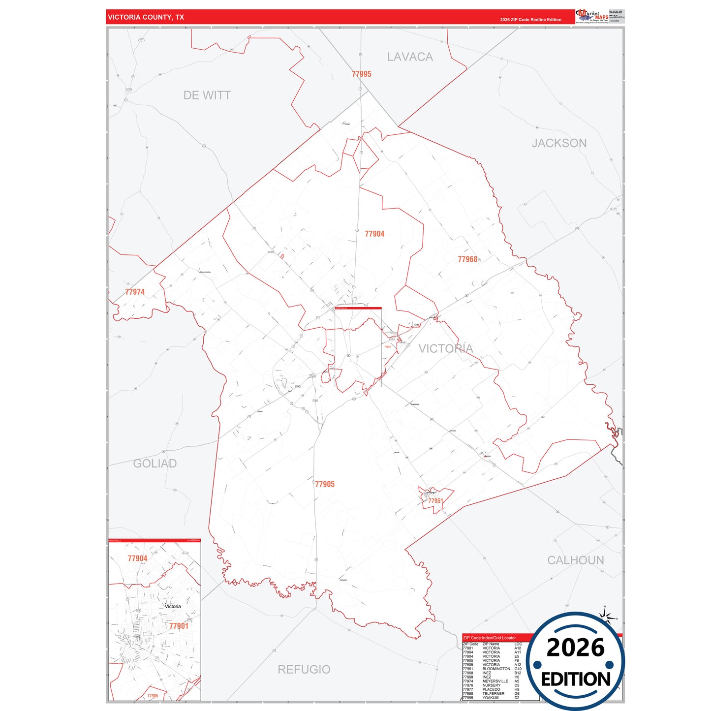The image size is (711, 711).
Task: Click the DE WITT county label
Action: [x=207, y=95]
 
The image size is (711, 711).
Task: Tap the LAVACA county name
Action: [x=410, y=57]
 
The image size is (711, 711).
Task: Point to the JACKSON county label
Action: [x=559, y=143]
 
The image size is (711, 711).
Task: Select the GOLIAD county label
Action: [x=155, y=464]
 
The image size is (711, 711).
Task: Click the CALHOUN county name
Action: [x=575, y=560]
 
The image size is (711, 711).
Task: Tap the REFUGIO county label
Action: [x=304, y=670]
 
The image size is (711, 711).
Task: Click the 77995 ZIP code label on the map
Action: [x=361, y=74]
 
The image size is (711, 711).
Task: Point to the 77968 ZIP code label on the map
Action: [x=467, y=259]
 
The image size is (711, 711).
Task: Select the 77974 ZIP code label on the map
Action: [x=134, y=292]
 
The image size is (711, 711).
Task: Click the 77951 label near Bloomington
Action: [x=435, y=501]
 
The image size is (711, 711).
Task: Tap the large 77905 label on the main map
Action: [x=325, y=484]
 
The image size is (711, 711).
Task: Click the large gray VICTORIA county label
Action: [x=445, y=349]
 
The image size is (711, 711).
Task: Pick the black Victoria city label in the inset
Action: [x=173, y=606]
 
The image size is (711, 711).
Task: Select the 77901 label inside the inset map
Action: [x=179, y=626]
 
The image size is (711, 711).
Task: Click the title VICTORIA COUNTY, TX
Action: [x=146, y=17]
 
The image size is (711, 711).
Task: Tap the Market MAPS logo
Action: [x=592, y=16]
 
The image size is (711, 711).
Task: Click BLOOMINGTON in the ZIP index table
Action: [x=496, y=669]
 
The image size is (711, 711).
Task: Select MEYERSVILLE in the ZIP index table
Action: [x=495, y=681]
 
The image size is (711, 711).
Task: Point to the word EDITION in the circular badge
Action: [x=575, y=680]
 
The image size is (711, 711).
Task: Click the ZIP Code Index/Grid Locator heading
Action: [x=489, y=638]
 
